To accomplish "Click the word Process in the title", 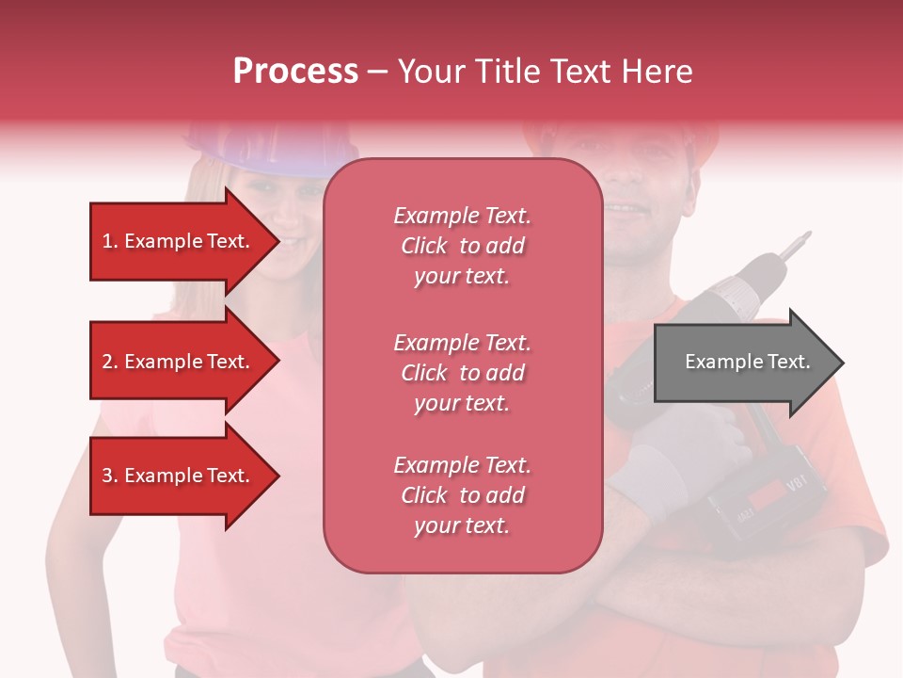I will click(x=295, y=71).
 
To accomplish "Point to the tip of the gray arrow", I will click(x=842, y=363).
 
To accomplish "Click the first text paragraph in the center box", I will click(x=462, y=246).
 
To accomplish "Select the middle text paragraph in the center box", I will click(x=462, y=373).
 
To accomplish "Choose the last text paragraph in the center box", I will click(x=462, y=495).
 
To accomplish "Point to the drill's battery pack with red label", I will click(x=767, y=499).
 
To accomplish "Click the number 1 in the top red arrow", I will click(x=107, y=241).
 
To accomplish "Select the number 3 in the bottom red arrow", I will click(x=107, y=476).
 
